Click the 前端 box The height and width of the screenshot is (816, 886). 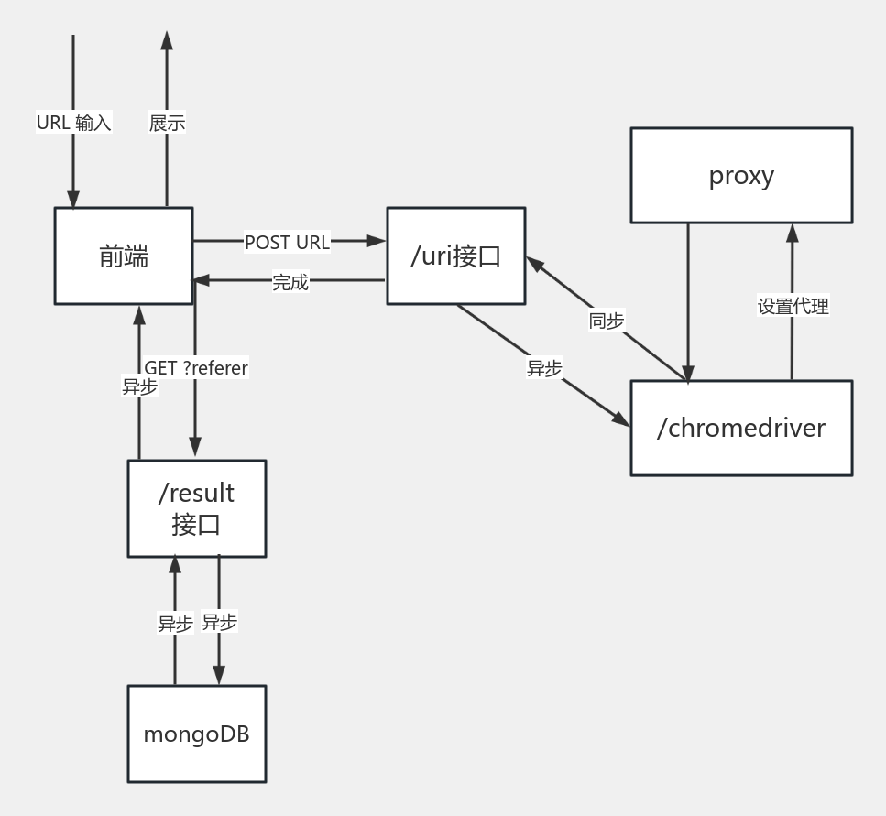coord(124,256)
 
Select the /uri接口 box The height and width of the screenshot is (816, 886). coord(455,256)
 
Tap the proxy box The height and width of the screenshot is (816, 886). coord(741,175)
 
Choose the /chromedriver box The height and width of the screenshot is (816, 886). coord(741,428)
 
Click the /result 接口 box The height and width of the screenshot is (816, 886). coord(196,508)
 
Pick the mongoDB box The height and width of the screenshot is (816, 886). coord(196,734)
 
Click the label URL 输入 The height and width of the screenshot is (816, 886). coord(73,122)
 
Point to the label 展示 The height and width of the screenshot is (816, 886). coord(167,122)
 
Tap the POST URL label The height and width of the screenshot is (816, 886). coord(287,242)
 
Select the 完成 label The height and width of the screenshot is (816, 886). coord(290,282)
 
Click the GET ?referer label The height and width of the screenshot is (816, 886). coord(196,367)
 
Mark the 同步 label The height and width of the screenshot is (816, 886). coord(607,320)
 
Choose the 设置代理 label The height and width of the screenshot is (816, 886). coord(793,306)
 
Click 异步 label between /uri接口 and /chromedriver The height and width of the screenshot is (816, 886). coord(544,367)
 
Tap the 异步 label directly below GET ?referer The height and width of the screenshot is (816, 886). coord(139,386)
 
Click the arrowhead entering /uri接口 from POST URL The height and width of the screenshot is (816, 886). coord(377,241)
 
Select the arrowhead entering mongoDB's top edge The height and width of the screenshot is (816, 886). coord(219,676)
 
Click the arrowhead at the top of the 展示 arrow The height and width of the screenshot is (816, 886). coord(166,40)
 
